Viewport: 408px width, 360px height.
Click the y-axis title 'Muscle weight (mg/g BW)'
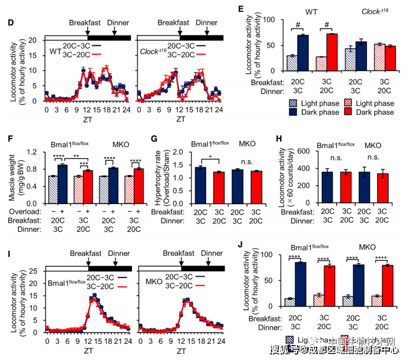pyautogui.click(x=12, y=175)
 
